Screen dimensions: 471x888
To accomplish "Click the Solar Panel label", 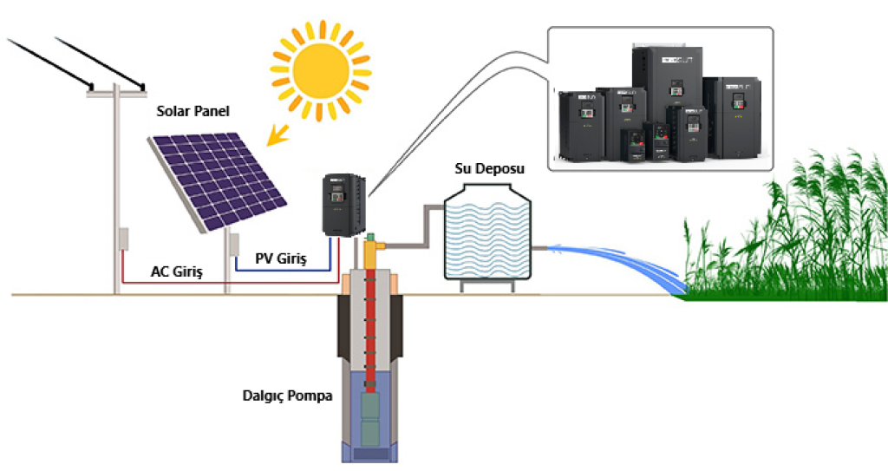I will pos(192,111).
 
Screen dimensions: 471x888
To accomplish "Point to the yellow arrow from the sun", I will pos(279,134).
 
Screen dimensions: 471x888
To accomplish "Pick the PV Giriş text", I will pos(281,258).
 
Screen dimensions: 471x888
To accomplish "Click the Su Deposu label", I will pos(490,167).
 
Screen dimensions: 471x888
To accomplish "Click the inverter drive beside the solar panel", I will pos(344,204).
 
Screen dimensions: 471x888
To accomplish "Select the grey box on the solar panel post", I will pos(233,245).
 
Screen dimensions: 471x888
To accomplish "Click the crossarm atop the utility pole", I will pos(116,91).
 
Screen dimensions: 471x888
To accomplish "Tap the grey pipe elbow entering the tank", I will pos(428,213).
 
